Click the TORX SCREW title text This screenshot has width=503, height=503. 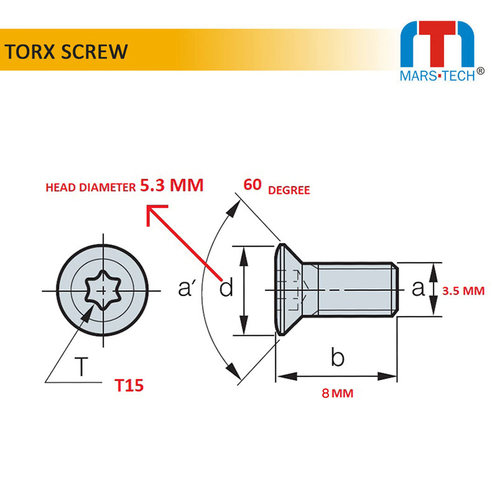tap(66, 51)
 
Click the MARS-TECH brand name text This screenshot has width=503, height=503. tap(437, 76)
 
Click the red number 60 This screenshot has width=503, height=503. tap(253, 185)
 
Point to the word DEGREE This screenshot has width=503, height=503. tap(289, 190)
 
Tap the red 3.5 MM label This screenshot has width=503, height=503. tap(463, 291)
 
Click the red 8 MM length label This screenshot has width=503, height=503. tap(337, 394)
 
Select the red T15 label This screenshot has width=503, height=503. tap(129, 386)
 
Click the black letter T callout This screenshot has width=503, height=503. tap(82, 367)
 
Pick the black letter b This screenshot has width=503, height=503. tap(338, 358)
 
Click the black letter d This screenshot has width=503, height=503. tap(226, 289)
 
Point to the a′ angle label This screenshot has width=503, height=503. tap(186, 289)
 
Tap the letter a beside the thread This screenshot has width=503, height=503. tap(418, 288)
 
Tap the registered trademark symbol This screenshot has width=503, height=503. tap(481, 71)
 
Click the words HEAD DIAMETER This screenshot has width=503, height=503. tap(90, 188)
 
